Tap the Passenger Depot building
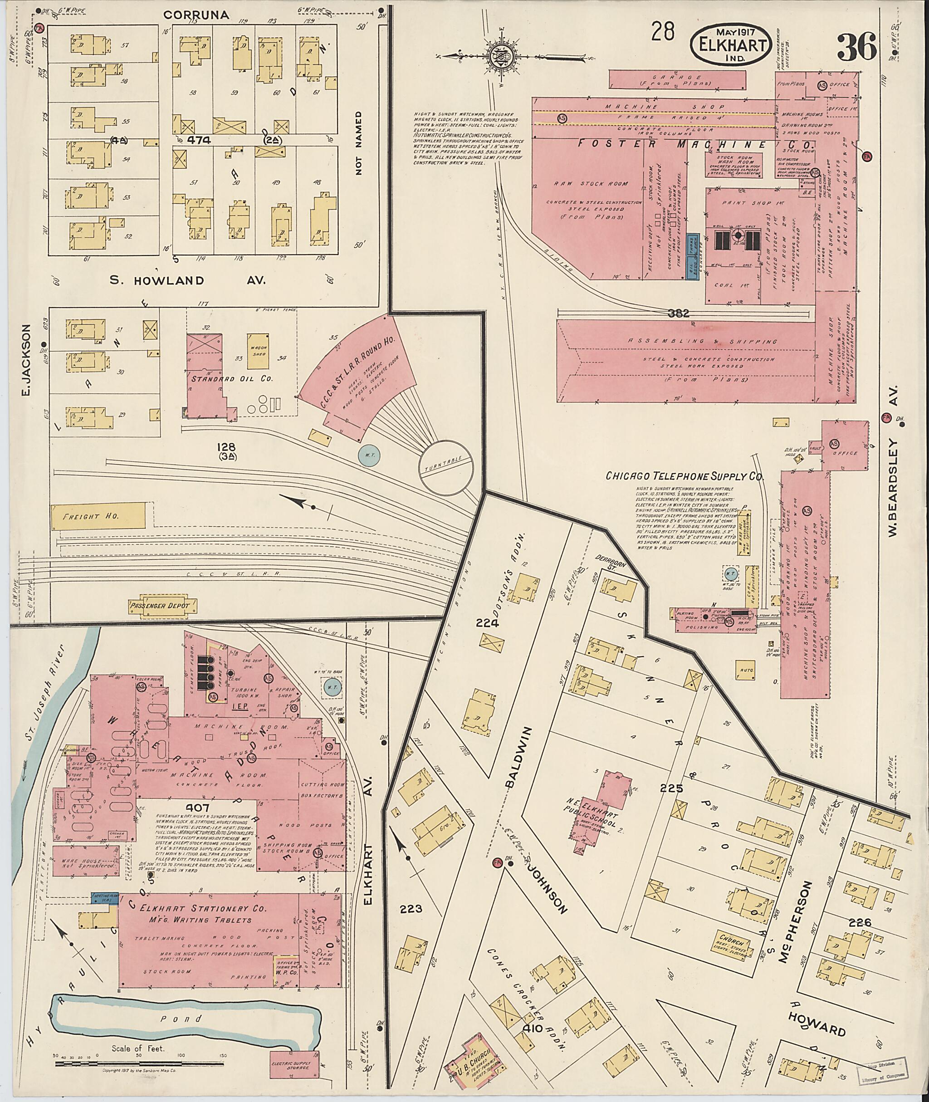(163, 606)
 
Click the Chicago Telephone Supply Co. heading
(685, 476)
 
